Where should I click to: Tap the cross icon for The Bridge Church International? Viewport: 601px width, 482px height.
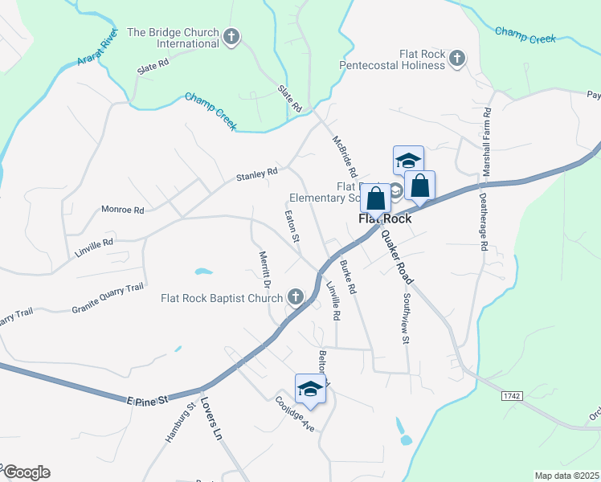[231, 36]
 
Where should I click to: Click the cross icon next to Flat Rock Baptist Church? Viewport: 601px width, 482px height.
[295, 298]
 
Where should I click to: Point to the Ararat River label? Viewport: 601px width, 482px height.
[97, 50]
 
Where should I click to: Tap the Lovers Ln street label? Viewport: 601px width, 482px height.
[211, 419]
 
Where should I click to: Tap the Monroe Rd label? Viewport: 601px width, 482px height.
[122, 210]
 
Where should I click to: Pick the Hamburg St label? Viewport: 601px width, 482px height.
[180, 422]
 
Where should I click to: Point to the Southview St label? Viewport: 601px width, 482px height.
[404, 317]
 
